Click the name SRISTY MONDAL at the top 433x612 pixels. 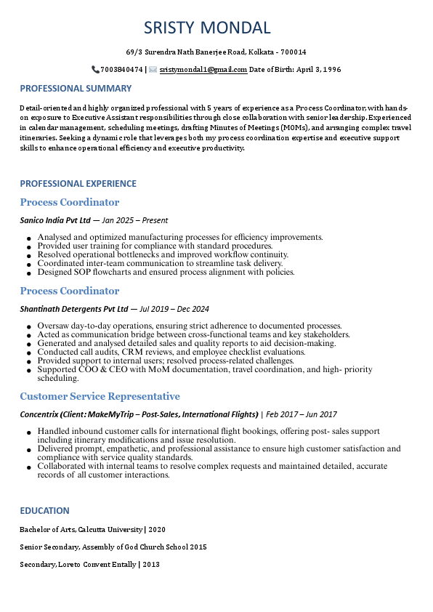207,28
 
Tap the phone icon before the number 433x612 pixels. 95,70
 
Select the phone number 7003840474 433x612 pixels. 121,70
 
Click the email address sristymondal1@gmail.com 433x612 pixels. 203,70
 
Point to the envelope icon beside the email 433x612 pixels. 153,70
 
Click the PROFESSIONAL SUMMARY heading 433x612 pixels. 76,89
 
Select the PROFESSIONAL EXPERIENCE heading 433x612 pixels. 78,184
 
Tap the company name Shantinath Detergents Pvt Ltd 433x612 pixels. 73,309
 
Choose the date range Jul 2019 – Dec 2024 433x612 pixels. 174,309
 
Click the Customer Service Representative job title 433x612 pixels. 100,396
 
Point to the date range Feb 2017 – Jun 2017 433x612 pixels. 302,414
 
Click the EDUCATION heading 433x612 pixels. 44,510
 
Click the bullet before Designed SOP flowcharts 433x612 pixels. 28,273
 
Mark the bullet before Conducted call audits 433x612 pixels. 28,353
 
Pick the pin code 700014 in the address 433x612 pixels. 294,52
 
